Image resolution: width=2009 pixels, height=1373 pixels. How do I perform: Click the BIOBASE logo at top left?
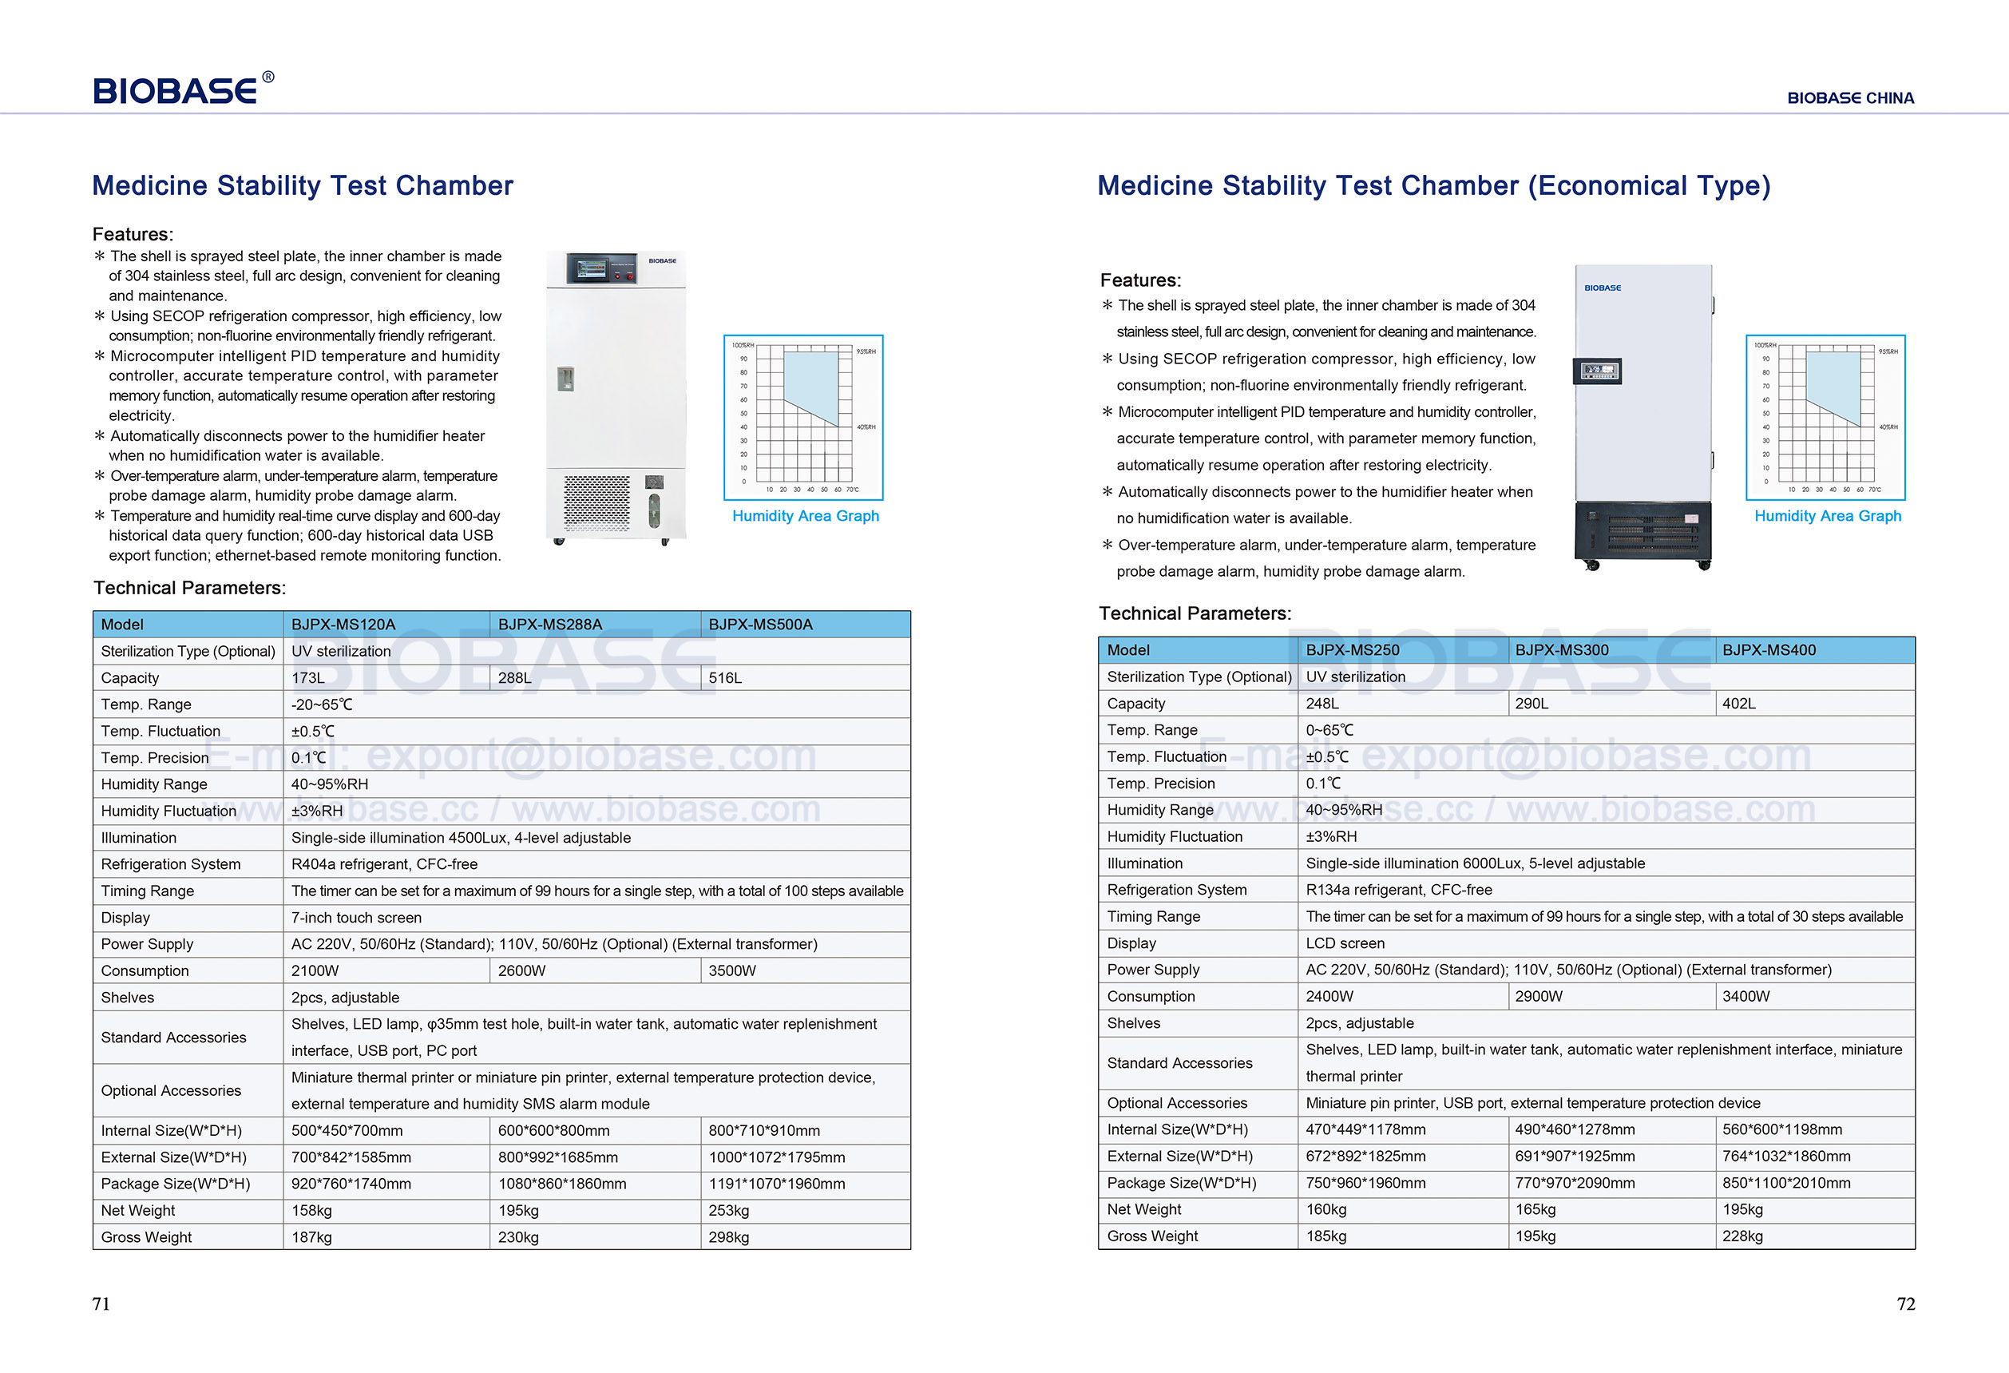coord(182,90)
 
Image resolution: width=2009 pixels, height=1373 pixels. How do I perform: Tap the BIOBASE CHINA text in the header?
coord(1850,98)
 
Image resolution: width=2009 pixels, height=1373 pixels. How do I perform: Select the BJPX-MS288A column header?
coord(550,625)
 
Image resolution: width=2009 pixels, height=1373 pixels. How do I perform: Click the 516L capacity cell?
coord(725,678)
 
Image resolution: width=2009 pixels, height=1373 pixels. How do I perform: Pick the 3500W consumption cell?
coord(732,970)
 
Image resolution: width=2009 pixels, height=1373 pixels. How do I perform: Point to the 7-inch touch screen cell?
coord(356,918)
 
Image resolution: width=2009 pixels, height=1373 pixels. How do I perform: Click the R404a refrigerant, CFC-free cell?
coord(384,863)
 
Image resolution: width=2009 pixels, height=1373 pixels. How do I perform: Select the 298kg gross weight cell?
coord(729,1236)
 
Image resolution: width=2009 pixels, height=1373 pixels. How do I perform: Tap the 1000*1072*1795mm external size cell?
coord(776,1157)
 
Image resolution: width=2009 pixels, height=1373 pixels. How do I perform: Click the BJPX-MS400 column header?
coord(1769,650)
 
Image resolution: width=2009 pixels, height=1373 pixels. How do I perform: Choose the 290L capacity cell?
coord(1532,704)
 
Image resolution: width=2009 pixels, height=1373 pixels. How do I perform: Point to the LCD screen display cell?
coord(1345,943)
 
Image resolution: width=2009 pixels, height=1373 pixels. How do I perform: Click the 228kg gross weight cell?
coord(1742,1236)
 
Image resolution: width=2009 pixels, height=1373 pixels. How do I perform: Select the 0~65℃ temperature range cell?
coord(1329,730)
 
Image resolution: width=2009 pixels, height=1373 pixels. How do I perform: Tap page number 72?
coord(1905,1304)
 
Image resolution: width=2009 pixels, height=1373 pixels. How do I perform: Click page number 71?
coord(101,1304)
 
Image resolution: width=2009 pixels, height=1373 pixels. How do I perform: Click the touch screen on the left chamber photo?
coord(592,269)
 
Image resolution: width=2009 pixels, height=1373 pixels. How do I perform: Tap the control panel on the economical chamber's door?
coord(1597,371)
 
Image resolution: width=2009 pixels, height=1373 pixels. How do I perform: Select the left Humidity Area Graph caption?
coord(805,516)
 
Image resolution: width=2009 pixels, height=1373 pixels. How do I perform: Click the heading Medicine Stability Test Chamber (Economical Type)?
coord(1433,186)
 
